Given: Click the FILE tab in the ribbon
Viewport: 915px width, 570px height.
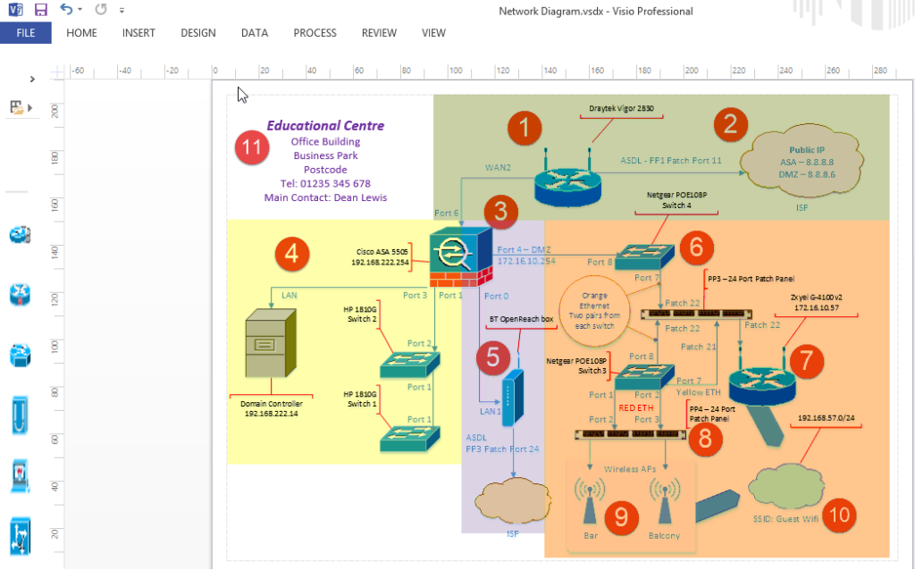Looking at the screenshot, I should [x=25, y=33].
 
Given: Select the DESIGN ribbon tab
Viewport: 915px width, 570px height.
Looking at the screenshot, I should [x=197, y=33].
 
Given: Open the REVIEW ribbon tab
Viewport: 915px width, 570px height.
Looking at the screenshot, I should [x=379, y=33].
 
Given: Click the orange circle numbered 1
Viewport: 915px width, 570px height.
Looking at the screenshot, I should [x=525, y=129].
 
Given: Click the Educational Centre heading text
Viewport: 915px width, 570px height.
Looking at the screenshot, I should [x=325, y=126].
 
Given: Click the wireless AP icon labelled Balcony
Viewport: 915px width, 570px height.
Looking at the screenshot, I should [x=663, y=502].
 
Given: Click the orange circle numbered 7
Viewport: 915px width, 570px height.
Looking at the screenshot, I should [x=806, y=360].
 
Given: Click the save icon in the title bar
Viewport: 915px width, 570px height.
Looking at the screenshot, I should [x=40, y=10].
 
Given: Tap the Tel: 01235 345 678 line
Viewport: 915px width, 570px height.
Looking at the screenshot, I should [x=325, y=184].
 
